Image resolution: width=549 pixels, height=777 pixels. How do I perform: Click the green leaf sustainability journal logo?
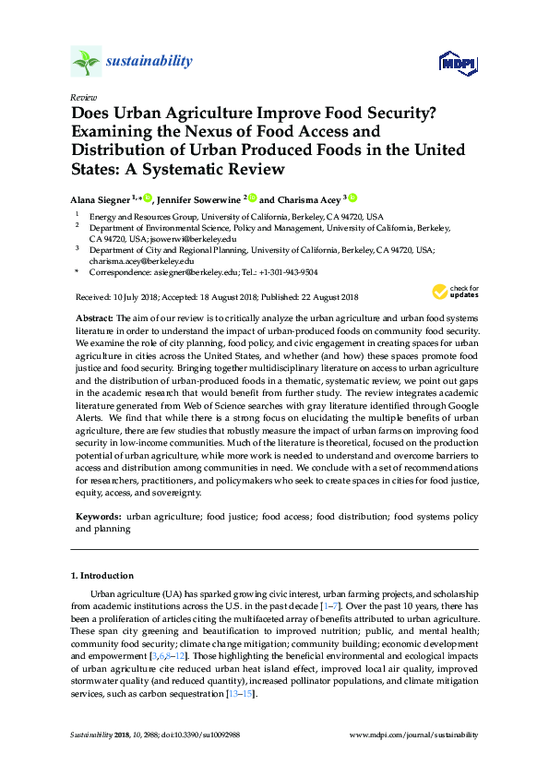click(86, 62)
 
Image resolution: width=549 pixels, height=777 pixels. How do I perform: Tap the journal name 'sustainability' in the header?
click(149, 62)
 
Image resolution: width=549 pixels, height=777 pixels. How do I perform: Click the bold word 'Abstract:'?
click(95, 317)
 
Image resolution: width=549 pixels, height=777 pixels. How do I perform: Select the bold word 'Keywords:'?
click(98, 518)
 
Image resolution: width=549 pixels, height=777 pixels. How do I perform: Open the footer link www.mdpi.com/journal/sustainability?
click(414, 735)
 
